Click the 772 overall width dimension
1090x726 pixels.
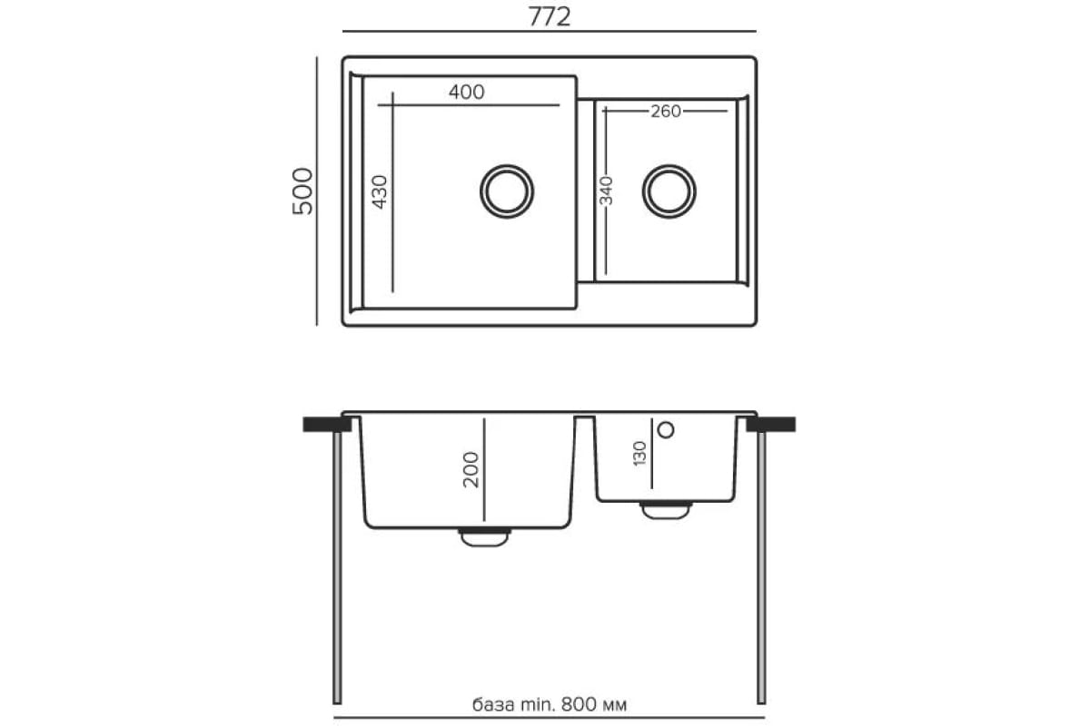pos(549,17)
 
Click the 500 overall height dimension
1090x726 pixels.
pos(302,191)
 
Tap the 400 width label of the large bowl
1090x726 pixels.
pos(466,92)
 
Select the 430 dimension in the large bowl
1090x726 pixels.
pos(380,192)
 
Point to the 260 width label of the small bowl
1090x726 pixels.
pos(666,112)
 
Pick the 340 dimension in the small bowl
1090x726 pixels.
pos(606,191)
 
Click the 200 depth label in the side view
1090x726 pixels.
pos(471,469)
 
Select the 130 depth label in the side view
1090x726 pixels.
pos(639,453)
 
